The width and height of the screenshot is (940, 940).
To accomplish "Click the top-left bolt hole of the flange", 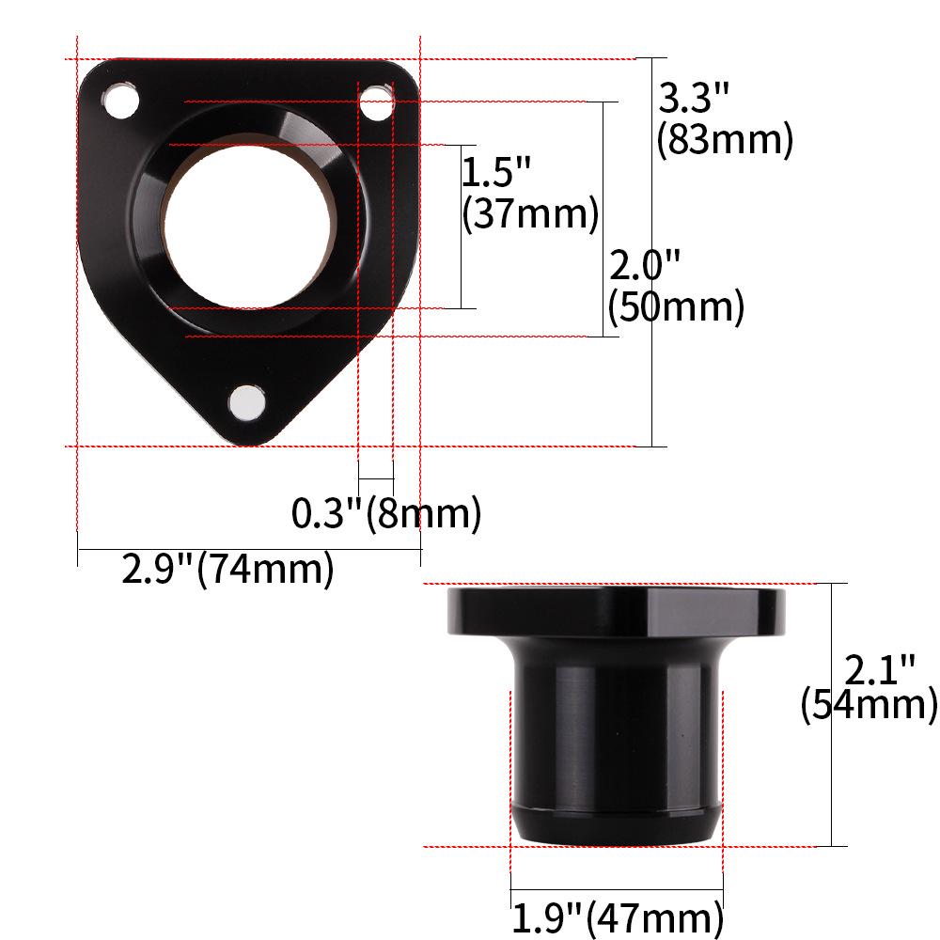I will click(119, 101).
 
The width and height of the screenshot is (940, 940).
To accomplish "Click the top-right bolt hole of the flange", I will click(377, 102).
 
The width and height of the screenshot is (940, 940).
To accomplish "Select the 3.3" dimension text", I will click(694, 98).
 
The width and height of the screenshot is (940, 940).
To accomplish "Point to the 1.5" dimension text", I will click(497, 172).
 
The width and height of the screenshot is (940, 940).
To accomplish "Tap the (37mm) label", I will click(530, 214).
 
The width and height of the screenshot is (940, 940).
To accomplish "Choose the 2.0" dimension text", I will click(644, 266).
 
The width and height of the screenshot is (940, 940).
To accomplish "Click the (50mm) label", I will click(676, 307).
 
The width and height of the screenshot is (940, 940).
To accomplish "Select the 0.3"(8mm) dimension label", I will click(386, 514).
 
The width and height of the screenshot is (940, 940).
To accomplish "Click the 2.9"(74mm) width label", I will click(227, 570).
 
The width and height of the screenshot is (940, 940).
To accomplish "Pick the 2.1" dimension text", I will click(880, 669).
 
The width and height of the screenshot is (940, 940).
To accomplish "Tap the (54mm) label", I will click(869, 705).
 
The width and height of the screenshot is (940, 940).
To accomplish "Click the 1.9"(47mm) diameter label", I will click(617, 916).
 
